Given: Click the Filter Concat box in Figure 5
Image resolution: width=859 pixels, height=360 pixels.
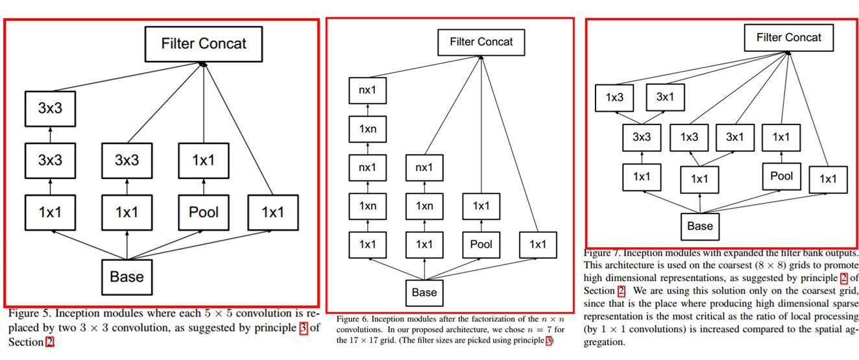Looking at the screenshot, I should [204, 44].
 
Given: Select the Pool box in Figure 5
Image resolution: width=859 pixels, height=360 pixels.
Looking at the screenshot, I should [204, 212].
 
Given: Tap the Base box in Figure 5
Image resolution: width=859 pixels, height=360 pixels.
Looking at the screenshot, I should [127, 276].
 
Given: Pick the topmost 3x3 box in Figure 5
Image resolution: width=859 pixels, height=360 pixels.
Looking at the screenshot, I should [50, 108].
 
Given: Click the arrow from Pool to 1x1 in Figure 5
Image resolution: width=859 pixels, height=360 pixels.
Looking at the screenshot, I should [204, 186].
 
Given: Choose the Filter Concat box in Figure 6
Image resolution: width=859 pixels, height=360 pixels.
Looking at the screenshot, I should [481, 42].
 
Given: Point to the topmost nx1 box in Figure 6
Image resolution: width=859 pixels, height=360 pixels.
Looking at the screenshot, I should [367, 90].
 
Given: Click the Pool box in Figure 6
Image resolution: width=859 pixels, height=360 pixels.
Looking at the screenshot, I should [481, 245].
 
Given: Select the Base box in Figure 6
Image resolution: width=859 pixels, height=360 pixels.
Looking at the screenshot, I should [424, 293].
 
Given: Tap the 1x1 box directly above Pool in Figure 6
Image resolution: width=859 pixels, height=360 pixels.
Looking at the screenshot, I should [481, 206].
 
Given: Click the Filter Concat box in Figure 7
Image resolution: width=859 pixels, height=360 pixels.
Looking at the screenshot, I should [788, 38].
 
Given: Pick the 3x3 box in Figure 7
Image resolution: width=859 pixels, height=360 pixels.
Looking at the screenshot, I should [642, 138].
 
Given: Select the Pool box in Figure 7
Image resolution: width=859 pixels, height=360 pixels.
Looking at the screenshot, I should [781, 176].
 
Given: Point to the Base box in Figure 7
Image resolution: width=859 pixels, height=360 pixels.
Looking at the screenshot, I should [699, 226].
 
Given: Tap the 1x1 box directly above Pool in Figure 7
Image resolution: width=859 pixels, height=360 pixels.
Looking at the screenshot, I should [781, 138].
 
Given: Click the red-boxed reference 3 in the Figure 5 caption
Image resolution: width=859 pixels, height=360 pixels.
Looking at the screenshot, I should [303, 328].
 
